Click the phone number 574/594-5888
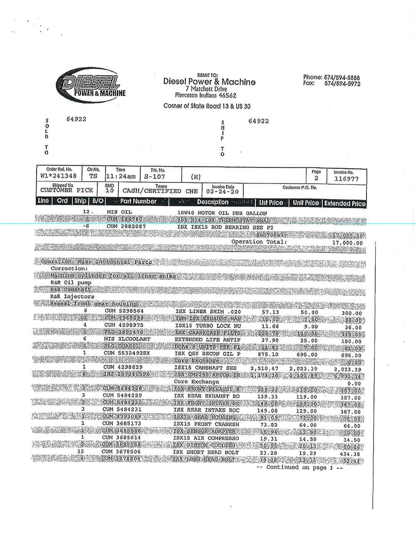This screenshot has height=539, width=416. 342,77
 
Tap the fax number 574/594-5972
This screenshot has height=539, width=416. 342,84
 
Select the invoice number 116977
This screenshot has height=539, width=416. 346,179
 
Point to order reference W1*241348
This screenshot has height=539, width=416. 59,176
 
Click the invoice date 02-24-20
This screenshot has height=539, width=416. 223,192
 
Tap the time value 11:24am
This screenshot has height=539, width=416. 121,177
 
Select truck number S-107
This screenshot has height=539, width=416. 154,177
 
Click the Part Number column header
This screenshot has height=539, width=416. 138,202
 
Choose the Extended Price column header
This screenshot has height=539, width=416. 345,203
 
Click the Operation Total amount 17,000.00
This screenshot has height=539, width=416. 347,243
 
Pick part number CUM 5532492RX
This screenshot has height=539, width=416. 126,353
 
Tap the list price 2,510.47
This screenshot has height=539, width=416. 264,368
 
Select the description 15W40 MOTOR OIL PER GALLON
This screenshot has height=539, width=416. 222,213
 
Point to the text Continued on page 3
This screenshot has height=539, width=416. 299,467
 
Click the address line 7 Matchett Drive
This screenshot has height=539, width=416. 206,89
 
